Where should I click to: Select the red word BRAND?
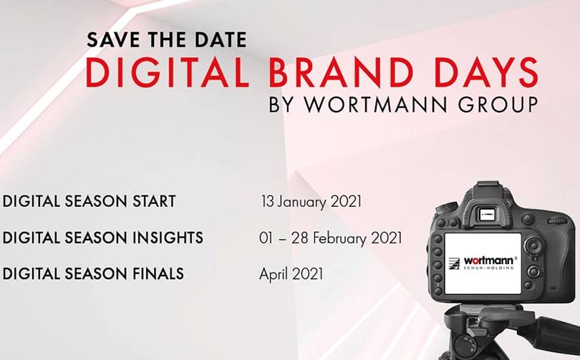point(341,72)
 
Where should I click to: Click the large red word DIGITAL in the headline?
point(167,72)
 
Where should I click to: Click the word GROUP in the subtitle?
point(498,104)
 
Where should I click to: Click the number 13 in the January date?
point(267,201)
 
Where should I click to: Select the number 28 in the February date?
point(300,238)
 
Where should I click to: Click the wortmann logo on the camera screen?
point(483,262)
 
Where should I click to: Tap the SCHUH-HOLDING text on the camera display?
point(488,267)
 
